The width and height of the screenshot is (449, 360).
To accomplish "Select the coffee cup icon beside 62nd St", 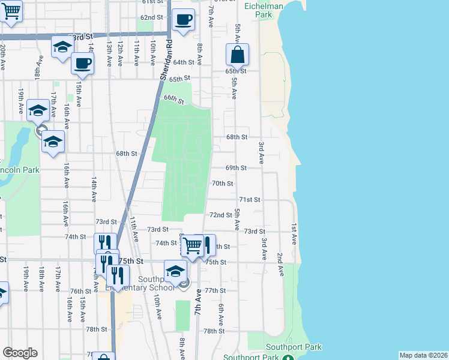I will point(184,19).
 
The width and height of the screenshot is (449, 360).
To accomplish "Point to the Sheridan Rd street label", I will point(166,60).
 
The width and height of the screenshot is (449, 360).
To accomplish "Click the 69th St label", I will point(236,168).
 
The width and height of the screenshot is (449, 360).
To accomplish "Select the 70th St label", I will point(222,184).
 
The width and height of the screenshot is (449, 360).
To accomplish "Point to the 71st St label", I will point(249,199).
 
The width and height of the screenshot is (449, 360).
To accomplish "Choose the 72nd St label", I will point(220,215).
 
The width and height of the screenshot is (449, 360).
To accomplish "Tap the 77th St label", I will point(214,290).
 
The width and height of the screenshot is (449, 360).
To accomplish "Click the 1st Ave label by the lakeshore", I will point(294,233).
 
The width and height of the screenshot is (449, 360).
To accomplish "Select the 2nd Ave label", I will point(280,264).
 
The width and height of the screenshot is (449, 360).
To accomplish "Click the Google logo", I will point(20,353).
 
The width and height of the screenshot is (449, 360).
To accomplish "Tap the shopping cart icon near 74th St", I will point(191,245).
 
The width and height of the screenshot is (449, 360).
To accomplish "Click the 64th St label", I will point(184,62).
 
